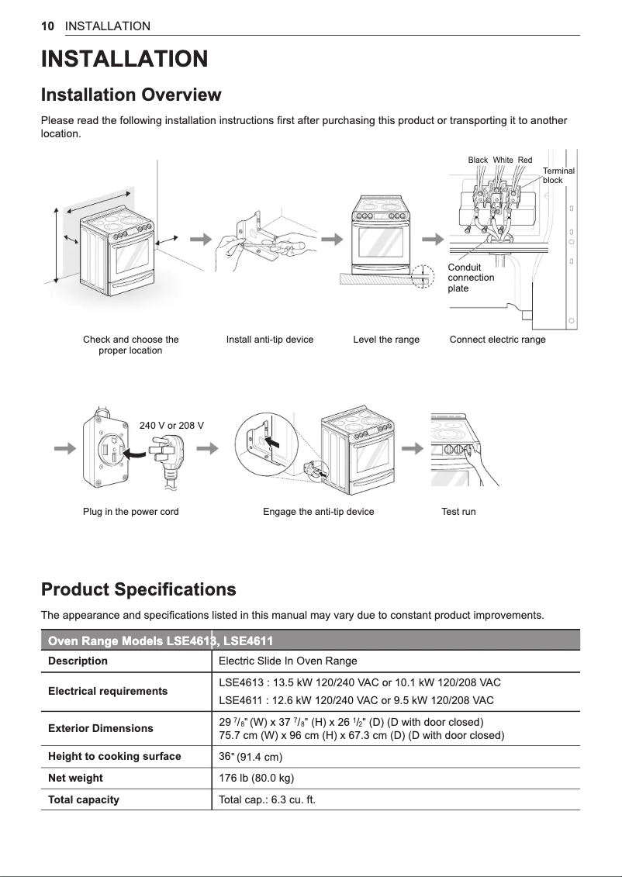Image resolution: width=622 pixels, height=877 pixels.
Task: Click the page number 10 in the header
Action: (x=47, y=26)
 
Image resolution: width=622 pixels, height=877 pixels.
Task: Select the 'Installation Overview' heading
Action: (x=130, y=95)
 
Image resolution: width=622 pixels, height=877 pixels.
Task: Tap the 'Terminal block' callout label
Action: (x=558, y=175)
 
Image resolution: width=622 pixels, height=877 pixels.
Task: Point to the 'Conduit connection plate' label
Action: (x=471, y=278)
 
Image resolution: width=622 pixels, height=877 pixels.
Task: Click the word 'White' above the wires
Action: (x=503, y=161)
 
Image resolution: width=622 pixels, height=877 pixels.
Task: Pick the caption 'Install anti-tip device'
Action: (x=270, y=340)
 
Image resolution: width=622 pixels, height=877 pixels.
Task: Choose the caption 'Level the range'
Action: (x=385, y=340)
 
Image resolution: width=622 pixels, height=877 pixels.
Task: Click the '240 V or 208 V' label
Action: (x=171, y=426)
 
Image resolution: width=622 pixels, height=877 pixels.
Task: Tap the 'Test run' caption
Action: (x=458, y=512)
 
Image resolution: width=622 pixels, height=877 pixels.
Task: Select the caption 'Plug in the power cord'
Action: (x=130, y=512)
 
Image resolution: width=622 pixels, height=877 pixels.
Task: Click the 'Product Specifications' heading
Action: (x=138, y=589)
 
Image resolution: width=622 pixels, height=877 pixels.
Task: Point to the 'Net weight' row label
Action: (x=75, y=778)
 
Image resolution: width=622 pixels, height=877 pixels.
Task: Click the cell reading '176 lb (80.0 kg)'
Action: (x=257, y=778)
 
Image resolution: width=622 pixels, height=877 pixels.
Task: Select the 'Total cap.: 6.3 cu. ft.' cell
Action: (x=268, y=799)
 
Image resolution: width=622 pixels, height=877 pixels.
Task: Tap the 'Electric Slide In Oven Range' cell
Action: (x=288, y=661)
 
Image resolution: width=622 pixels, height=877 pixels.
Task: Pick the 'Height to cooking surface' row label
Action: (x=114, y=756)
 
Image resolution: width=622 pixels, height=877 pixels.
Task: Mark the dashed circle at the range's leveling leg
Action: (x=421, y=277)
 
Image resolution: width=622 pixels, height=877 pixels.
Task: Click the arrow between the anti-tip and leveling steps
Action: (x=333, y=239)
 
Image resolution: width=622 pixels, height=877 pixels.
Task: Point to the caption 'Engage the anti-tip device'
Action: (x=318, y=512)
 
